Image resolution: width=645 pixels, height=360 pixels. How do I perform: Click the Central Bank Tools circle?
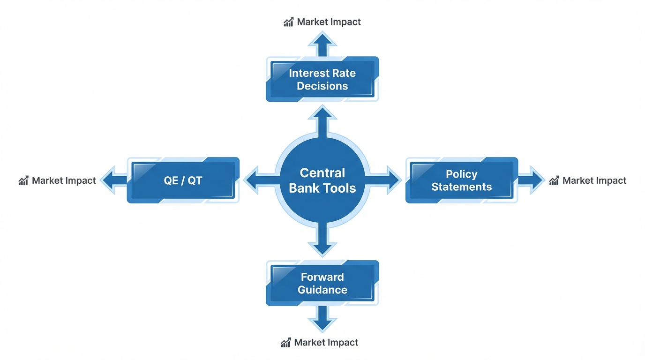coord(322,180)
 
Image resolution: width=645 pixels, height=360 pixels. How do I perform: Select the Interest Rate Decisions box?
coord(322,79)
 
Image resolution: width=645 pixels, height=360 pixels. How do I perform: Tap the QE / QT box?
coord(183,180)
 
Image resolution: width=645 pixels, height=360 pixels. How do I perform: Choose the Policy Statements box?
coord(462,180)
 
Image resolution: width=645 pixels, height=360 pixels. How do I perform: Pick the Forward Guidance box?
coord(322,283)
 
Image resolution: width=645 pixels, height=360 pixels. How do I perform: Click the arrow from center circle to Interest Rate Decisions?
coord(322,120)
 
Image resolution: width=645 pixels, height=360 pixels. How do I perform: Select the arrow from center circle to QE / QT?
coord(259,180)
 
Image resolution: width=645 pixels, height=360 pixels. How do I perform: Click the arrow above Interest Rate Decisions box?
coord(322,45)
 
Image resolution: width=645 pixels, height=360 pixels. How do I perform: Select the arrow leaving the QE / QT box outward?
coord(114,180)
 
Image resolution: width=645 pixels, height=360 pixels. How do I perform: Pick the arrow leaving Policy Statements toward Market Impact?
coord(531,180)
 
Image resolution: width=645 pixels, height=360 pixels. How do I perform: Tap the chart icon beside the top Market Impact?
coord(288,22)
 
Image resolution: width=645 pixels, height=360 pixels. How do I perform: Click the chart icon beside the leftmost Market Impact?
coord(23,180)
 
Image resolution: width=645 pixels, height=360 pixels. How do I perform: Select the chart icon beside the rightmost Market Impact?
coord(554,180)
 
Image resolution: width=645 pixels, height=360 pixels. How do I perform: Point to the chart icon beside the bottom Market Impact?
coord(285,343)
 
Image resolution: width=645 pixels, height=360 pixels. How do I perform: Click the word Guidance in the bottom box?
coord(322,290)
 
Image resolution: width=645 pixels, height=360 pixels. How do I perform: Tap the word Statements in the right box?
coord(462,187)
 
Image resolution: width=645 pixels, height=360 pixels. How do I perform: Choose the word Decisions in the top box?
coord(322,86)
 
